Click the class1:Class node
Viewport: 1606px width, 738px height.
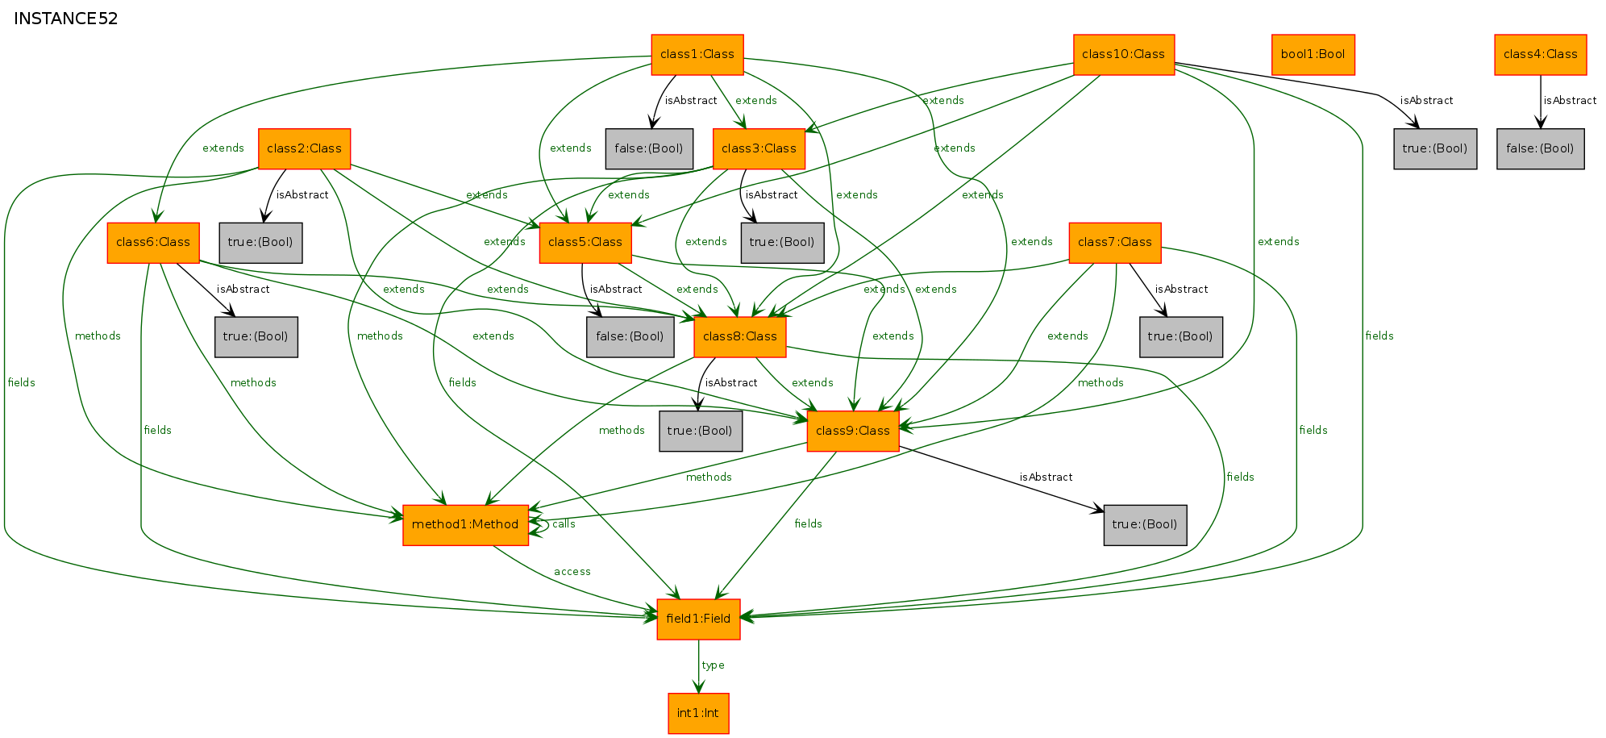pyautogui.click(x=697, y=55)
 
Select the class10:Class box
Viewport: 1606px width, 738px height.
pyautogui.click(x=1124, y=55)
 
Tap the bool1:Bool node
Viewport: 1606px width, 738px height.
pyautogui.click(x=1313, y=55)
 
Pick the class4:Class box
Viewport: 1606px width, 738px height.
pyautogui.click(x=1541, y=55)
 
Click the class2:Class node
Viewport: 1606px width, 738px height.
pyautogui.click(x=304, y=149)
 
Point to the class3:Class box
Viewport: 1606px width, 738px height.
pyautogui.click(x=759, y=149)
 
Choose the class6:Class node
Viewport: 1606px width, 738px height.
pyautogui.click(x=153, y=243)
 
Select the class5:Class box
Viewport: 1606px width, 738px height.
pyautogui.click(x=585, y=243)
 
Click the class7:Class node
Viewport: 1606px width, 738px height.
pyautogui.click(x=1115, y=243)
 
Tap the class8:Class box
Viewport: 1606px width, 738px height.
pyautogui.click(x=740, y=337)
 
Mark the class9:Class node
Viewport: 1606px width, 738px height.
pyautogui.click(x=853, y=432)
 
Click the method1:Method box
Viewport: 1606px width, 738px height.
pyautogui.click(x=465, y=525)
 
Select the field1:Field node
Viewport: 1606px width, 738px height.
pyautogui.click(x=698, y=619)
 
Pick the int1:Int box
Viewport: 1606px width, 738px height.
pyautogui.click(x=698, y=714)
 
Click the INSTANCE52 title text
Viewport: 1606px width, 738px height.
pyautogui.click(x=66, y=19)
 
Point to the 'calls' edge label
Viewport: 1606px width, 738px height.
pyautogui.click(x=564, y=524)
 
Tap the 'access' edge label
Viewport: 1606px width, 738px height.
pyautogui.click(x=572, y=572)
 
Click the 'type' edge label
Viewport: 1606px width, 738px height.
pyautogui.click(x=713, y=665)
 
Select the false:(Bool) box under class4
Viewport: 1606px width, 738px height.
pyautogui.click(x=1541, y=149)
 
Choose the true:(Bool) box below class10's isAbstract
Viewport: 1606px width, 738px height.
pyautogui.click(x=1435, y=149)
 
